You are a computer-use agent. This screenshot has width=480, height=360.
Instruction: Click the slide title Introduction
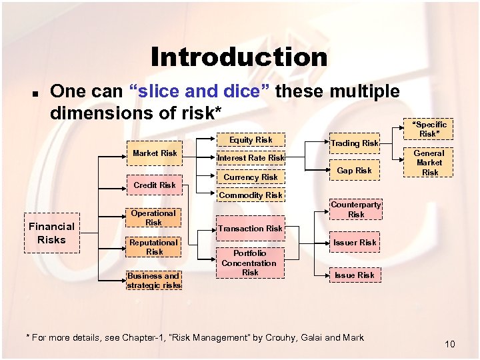(x=239, y=57)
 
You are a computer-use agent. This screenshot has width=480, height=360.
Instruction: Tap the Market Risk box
(x=155, y=153)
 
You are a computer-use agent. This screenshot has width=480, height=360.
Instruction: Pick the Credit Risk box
(x=155, y=185)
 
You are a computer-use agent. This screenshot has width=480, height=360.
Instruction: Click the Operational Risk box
(x=153, y=218)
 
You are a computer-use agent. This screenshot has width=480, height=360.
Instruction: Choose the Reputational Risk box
(x=153, y=247)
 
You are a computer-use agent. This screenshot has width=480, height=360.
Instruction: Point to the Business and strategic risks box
(x=153, y=280)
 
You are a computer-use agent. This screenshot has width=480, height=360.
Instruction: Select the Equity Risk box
(x=251, y=140)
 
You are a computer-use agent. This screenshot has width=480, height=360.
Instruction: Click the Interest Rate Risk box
(x=251, y=158)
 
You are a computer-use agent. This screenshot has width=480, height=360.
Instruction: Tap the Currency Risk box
(x=251, y=177)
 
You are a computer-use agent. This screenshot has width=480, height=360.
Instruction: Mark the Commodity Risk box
(x=251, y=195)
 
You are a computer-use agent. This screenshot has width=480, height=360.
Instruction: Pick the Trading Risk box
(x=354, y=143)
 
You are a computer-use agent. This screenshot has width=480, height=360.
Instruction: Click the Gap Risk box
(x=354, y=171)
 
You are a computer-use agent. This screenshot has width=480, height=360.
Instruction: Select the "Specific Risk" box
(x=430, y=129)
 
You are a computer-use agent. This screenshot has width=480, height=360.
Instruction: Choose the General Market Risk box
(x=430, y=163)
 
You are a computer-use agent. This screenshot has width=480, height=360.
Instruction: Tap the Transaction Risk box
(x=251, y=228)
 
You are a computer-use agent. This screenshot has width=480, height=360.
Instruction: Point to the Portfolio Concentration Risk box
(x=250, y=263)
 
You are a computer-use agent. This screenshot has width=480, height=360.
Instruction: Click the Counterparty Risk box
(x=356, y=209)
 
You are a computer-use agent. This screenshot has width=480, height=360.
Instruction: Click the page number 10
(x=449, y=344)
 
